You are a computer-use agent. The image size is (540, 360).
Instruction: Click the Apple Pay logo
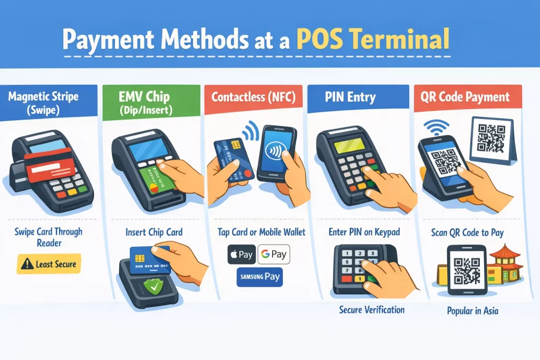(x=240, y=255)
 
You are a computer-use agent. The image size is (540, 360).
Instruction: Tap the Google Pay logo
(x=274, y=255)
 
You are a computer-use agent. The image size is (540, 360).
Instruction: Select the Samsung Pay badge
(x=259, y=277)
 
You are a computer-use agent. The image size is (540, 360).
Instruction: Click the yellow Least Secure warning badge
(x=49, y=264)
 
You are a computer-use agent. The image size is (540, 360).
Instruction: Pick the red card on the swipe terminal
(x=49, y=164)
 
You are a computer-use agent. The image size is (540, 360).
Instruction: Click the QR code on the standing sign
(x=492, y=135)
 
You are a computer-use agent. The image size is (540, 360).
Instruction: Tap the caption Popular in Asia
(x=472, y=311)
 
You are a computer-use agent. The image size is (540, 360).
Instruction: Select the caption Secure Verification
(x=372, y=309)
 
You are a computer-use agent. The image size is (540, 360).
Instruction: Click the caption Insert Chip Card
(x=154, y=232)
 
